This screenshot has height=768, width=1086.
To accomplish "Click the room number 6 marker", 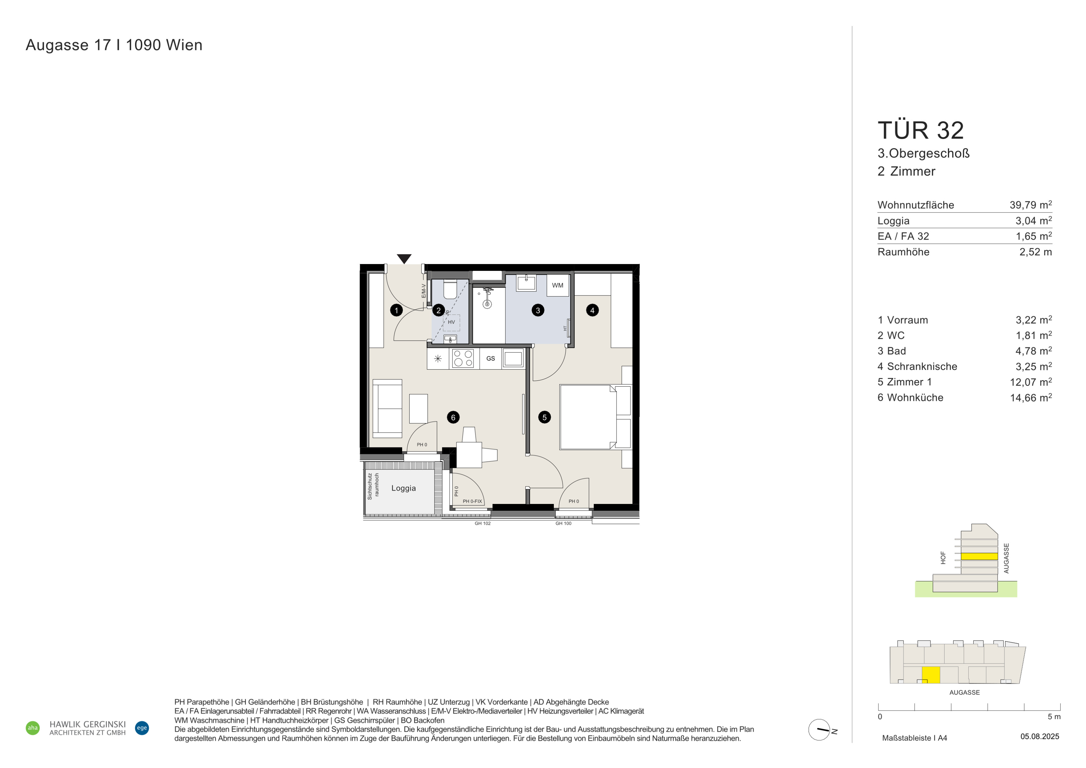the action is (453, 417).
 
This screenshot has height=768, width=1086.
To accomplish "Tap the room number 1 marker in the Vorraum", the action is (396, 310).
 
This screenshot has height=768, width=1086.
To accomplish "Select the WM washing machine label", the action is (558, 285).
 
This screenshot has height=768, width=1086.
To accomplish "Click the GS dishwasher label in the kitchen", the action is (491, 358).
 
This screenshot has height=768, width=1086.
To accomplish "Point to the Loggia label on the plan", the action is (403, 488).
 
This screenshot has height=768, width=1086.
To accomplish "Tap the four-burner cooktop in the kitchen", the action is (463, 358).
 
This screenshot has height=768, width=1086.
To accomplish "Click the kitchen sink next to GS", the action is (513, 358).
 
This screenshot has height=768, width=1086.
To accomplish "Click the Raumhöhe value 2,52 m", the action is (1035, 252).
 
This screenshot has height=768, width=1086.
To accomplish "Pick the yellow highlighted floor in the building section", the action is (979, 556).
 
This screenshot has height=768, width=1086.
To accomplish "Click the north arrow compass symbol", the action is (820, 730).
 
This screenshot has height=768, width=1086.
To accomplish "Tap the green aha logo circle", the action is (33, 728).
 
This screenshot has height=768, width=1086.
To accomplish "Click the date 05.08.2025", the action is (1040, 737).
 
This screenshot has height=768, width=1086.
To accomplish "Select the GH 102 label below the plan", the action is (482, 523).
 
